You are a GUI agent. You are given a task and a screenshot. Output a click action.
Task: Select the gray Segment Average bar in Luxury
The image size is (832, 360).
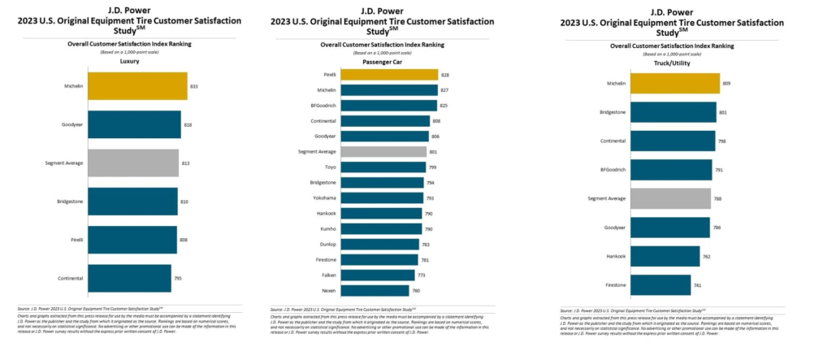[132, 163]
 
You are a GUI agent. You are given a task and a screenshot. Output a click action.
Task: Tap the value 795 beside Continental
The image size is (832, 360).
[178, 279]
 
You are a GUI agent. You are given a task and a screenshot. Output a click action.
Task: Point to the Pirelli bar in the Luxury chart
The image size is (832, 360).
[132, 240]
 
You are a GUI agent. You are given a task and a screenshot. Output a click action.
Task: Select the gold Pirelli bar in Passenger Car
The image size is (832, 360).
[389, 75]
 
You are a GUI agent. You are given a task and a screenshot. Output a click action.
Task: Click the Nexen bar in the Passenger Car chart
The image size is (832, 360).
[375, 290]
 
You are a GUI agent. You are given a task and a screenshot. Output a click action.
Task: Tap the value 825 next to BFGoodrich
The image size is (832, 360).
[444, 106]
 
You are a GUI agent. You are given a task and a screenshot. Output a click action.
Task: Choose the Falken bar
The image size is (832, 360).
[378, 275]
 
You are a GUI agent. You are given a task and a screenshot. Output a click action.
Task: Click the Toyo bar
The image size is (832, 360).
[383, 167]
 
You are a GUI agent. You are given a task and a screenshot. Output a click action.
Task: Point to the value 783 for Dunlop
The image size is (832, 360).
[426, 244]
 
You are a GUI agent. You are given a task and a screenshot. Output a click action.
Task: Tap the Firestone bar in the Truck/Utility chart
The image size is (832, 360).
[661, 284]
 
